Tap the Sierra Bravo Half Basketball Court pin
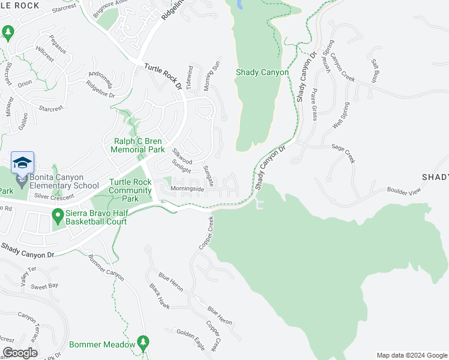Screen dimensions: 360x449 [58, 214]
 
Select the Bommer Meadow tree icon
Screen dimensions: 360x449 [143, 342]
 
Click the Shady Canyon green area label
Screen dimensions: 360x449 [262, 73]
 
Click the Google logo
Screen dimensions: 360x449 [20, 353]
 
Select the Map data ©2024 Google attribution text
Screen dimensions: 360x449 [412, 355]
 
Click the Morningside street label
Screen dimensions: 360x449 [187, 188]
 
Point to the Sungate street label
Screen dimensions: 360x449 [208, 175]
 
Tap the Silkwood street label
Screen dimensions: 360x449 [182, 156]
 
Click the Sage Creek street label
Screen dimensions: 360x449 [343, 154]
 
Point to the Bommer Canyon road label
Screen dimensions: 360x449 [106, 268]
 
